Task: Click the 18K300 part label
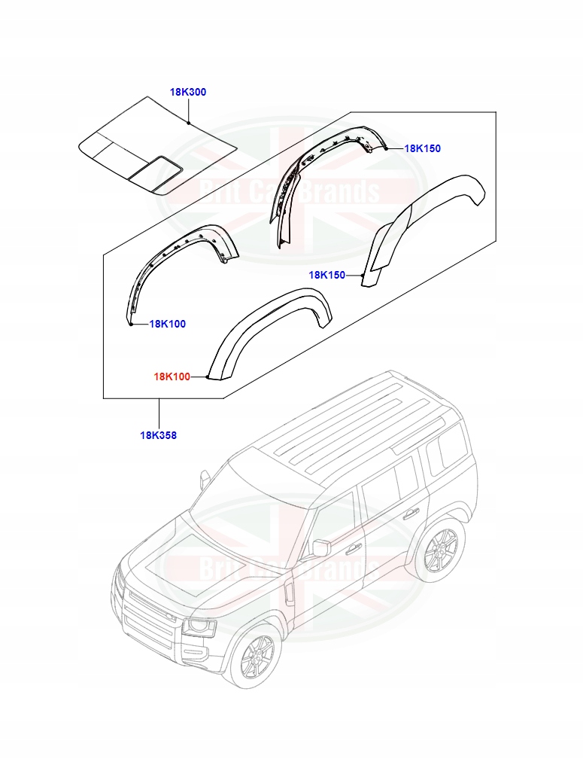[x=187, y=92]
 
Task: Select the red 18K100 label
[x=172, y=376]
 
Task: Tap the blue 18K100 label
[x=167, y=324]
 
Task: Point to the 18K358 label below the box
[x=158, y=434]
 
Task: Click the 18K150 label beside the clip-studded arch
[x=422, y=148]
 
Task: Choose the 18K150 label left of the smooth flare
[x=326, y=275]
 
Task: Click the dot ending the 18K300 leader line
[x=190, y=122]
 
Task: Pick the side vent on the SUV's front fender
[x=288, y=591]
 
